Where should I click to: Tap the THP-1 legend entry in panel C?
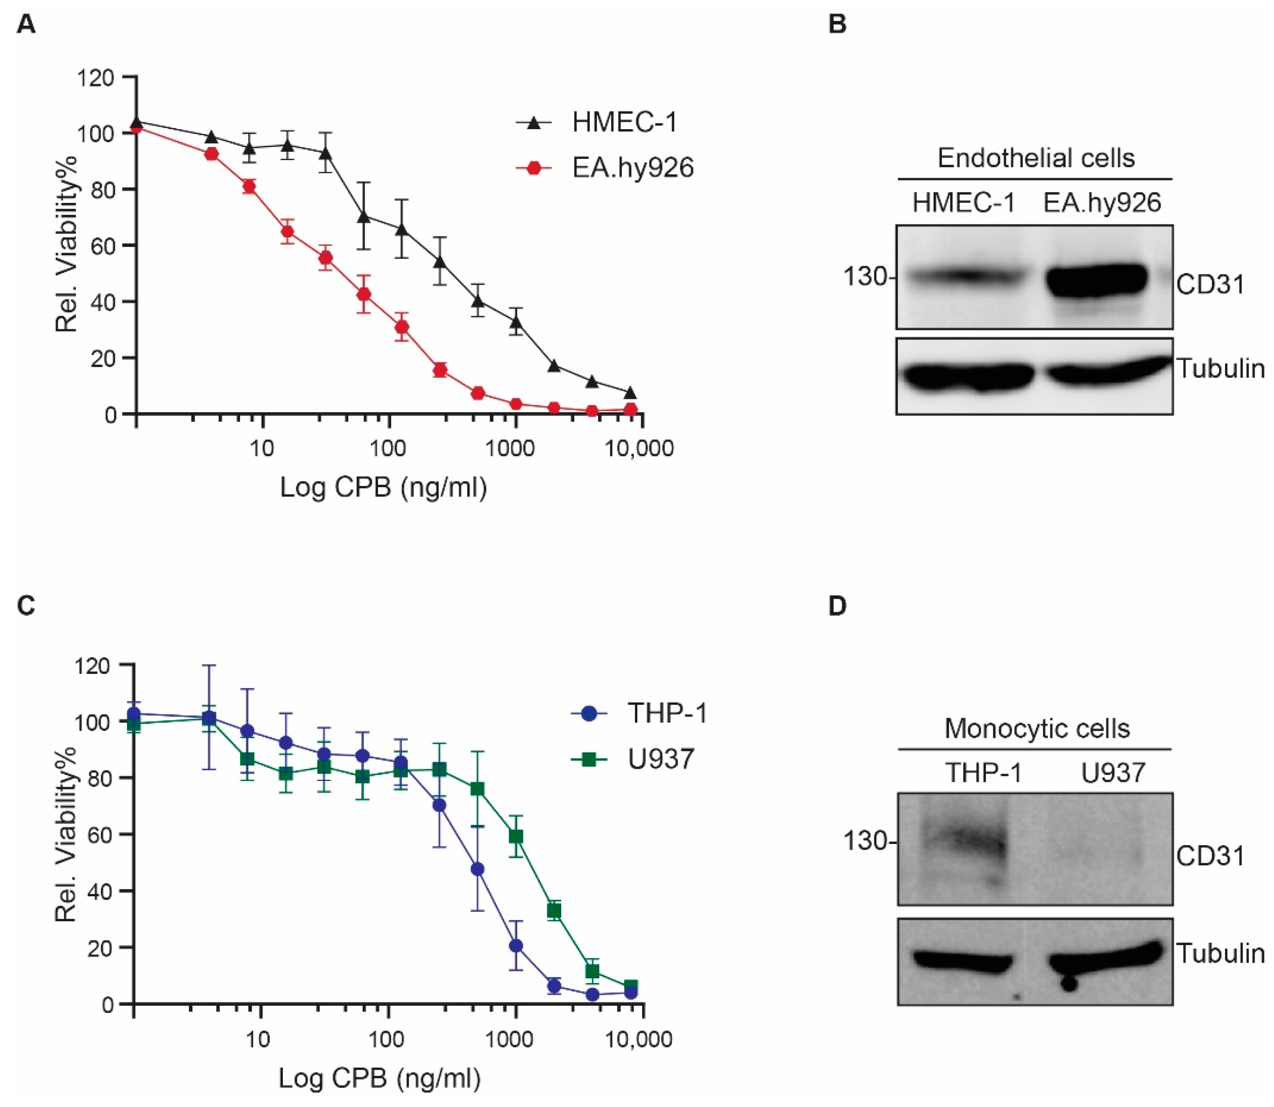pos(666,713)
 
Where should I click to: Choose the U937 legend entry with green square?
pos(660,759)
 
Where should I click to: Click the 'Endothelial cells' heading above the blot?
pos(1036,158)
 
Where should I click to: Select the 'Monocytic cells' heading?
pos(1037,729)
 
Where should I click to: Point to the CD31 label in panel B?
pos(1210,285)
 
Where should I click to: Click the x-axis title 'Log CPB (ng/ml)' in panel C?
pos(379,1078)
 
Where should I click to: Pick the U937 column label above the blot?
pos(1113,773)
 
